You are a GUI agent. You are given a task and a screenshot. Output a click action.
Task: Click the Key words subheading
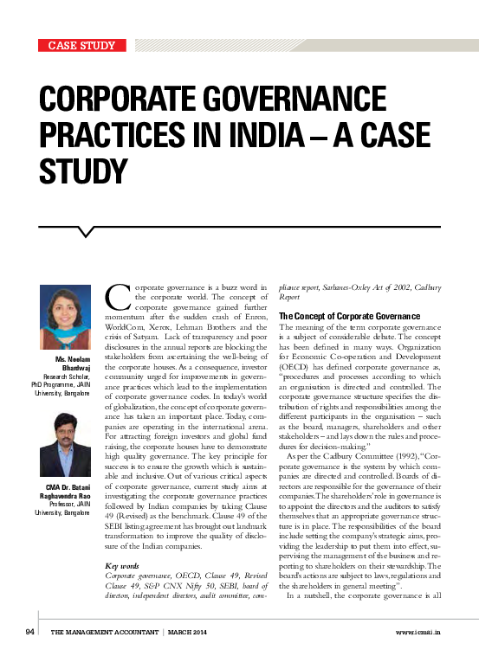pos(125,565)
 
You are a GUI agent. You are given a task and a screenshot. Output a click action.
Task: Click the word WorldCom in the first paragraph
pos(129,329)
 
